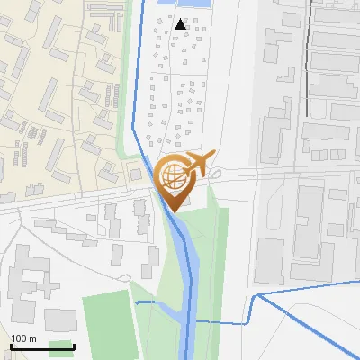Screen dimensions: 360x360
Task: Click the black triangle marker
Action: (183, 23)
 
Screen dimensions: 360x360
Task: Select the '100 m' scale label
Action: (23, 338)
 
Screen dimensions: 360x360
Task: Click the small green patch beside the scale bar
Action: (61, 347)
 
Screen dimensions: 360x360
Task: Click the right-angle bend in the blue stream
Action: (251, 298)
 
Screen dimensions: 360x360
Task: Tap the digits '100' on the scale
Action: (19, 338)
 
